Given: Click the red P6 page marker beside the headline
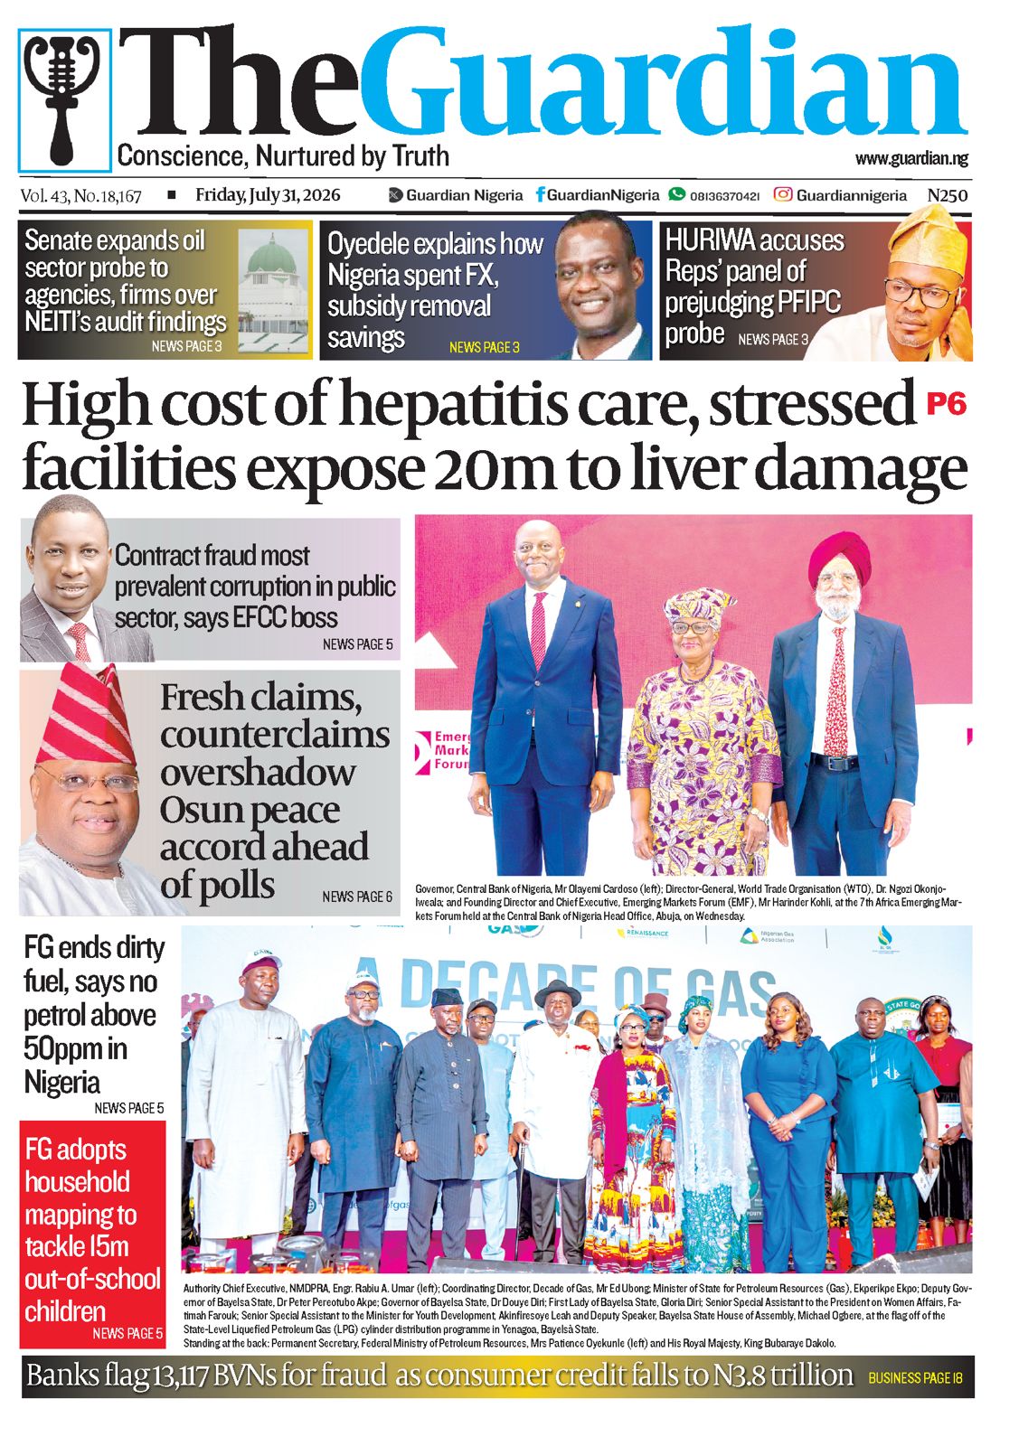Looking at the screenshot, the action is pos(946,404).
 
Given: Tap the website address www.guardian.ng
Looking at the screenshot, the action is pos(911,158).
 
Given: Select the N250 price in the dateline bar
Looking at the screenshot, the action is pos(948,195).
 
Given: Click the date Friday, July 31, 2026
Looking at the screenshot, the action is pos(268,195).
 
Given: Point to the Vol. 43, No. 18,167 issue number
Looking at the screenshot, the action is pos(80,195).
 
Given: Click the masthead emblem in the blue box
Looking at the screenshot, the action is pos(64,100).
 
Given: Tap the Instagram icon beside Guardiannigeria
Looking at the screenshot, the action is pos(783,194).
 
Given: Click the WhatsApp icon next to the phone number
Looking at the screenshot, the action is pos(676,194).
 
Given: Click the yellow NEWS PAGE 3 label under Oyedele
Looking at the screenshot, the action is pos(485,347).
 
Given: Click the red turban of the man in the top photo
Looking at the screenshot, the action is pos(839,555).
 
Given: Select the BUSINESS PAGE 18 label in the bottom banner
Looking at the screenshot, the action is pos(916,1377).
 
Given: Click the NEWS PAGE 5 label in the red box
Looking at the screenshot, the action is pos(127,1333).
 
